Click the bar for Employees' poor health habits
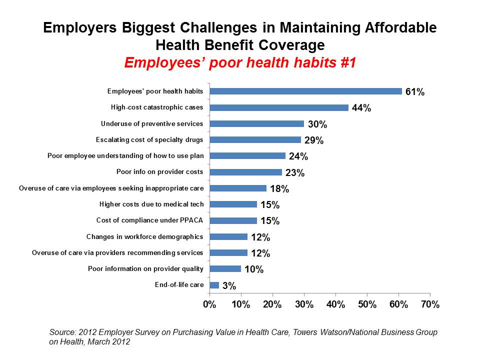(305, 91)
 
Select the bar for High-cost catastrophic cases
(278, 107)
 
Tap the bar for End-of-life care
(214, 285)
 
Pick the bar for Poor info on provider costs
(245, 172)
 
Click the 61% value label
(415, 91)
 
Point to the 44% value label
(361, 108)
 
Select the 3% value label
(229, 285)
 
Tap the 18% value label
(279, 189)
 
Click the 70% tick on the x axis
(430, 304)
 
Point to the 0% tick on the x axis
(209, 304)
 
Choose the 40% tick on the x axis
(335, 304)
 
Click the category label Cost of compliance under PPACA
(149, 220)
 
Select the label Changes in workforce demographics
(144, 236)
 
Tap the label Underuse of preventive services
(152, 123)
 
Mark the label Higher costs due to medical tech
(151, 204)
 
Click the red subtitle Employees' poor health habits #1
(240, 63)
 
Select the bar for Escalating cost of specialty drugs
(255, 139)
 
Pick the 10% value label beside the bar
(253, 269)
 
